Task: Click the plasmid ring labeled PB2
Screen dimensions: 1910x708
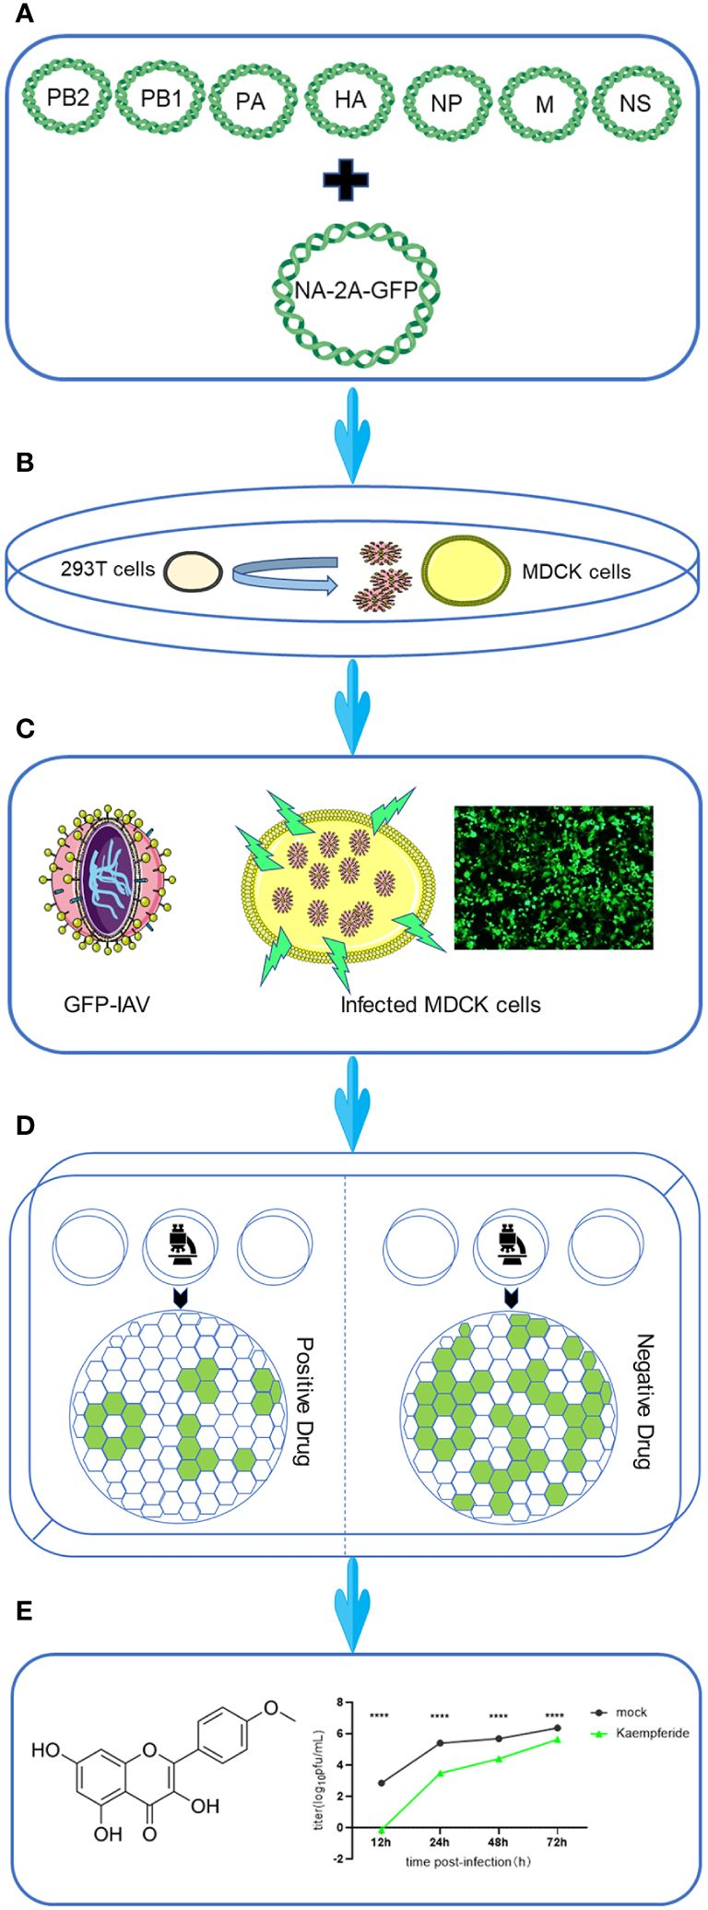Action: point(66,97)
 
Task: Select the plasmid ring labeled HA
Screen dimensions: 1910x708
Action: point(349,99)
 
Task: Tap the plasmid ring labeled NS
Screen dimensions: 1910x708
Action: point(636,101)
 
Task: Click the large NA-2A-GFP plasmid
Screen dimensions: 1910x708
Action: point(356,290)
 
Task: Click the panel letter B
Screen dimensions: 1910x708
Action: point(25,462)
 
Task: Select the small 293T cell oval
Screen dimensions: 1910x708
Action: point(193,572)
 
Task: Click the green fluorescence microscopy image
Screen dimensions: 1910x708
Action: point(553,878)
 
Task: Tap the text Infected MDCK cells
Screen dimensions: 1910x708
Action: point(440,1005)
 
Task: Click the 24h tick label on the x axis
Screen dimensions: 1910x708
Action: point(440,1842)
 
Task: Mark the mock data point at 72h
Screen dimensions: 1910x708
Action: point(557,1728)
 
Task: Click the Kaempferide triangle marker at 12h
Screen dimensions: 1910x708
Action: point(382,1827)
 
